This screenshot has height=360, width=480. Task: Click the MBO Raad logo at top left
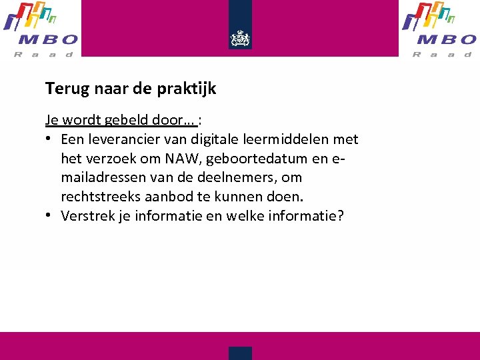click(x=41, y=29)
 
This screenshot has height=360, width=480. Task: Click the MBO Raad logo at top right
click(x=439, y=29)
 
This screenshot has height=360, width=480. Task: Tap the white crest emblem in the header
click(x=240, y=39)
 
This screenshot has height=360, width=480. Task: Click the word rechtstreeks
click(x=99, y=197)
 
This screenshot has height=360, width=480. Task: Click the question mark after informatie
click(x=341, y=215)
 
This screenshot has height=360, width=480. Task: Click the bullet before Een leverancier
click(x=50, y=139)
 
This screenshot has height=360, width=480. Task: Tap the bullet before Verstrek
click(x=50, y=215)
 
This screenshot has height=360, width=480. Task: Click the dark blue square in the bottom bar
click(x=240, y=353)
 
